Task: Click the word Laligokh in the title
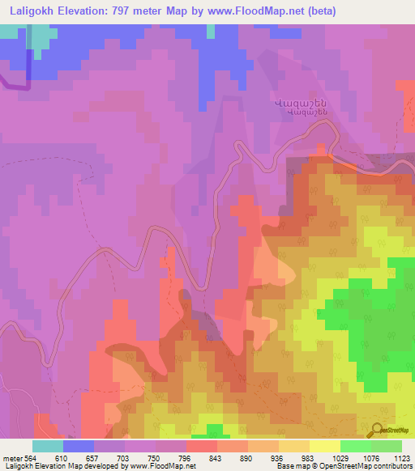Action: click(32, 11)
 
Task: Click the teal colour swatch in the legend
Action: click(48, 446)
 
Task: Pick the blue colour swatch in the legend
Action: click(79, 446)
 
